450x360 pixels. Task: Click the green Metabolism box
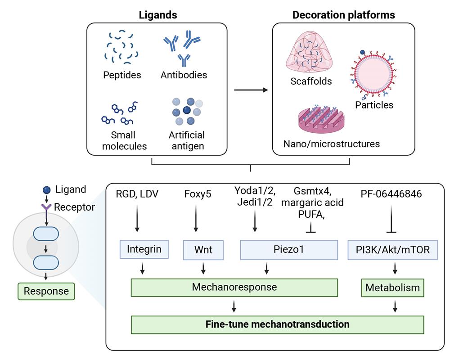click(393, 288)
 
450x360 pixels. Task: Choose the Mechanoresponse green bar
click(234, 287)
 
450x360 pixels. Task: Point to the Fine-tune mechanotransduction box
click(277, 324)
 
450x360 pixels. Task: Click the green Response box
click(46, 291)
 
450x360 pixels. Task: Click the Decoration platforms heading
click(344, 15)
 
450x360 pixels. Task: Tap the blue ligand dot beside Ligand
click(47, 190)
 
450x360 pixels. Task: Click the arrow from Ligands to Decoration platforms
click(251, 90)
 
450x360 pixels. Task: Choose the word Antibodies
click(184, 75)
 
